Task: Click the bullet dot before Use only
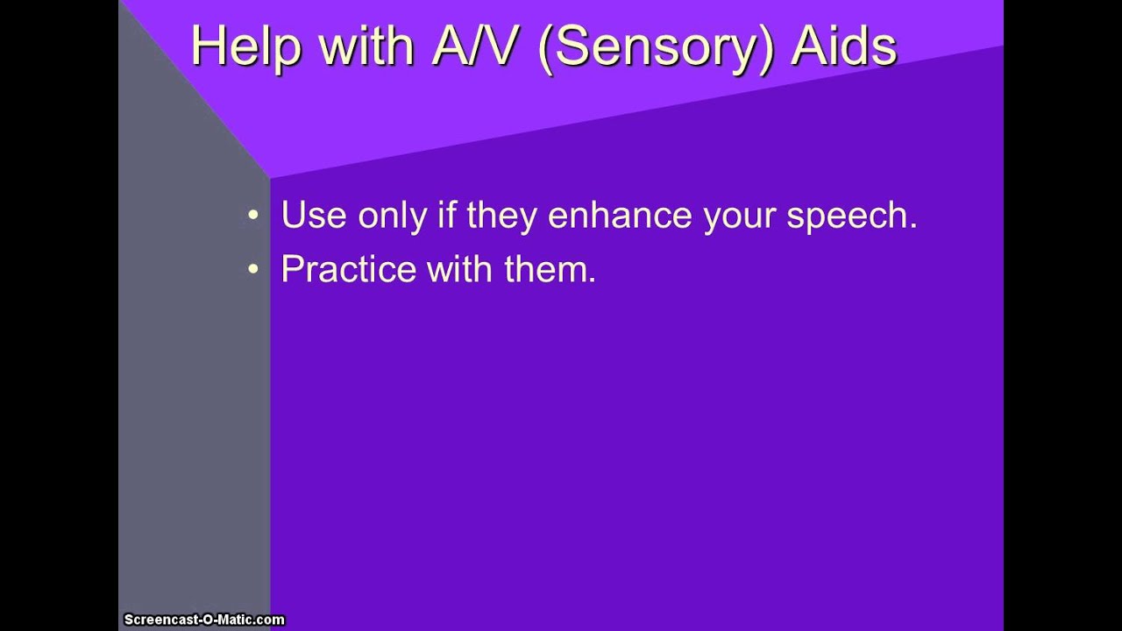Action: pos(253,216)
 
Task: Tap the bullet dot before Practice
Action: pos(253,270)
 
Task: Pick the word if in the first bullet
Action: pos(447,216)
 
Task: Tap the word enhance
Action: pos(621,216)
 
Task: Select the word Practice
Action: pos(348,270)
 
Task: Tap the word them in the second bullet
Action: pos(545,270)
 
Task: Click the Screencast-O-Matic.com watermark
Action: pos(204,620)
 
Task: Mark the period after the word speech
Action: pos(913,226)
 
